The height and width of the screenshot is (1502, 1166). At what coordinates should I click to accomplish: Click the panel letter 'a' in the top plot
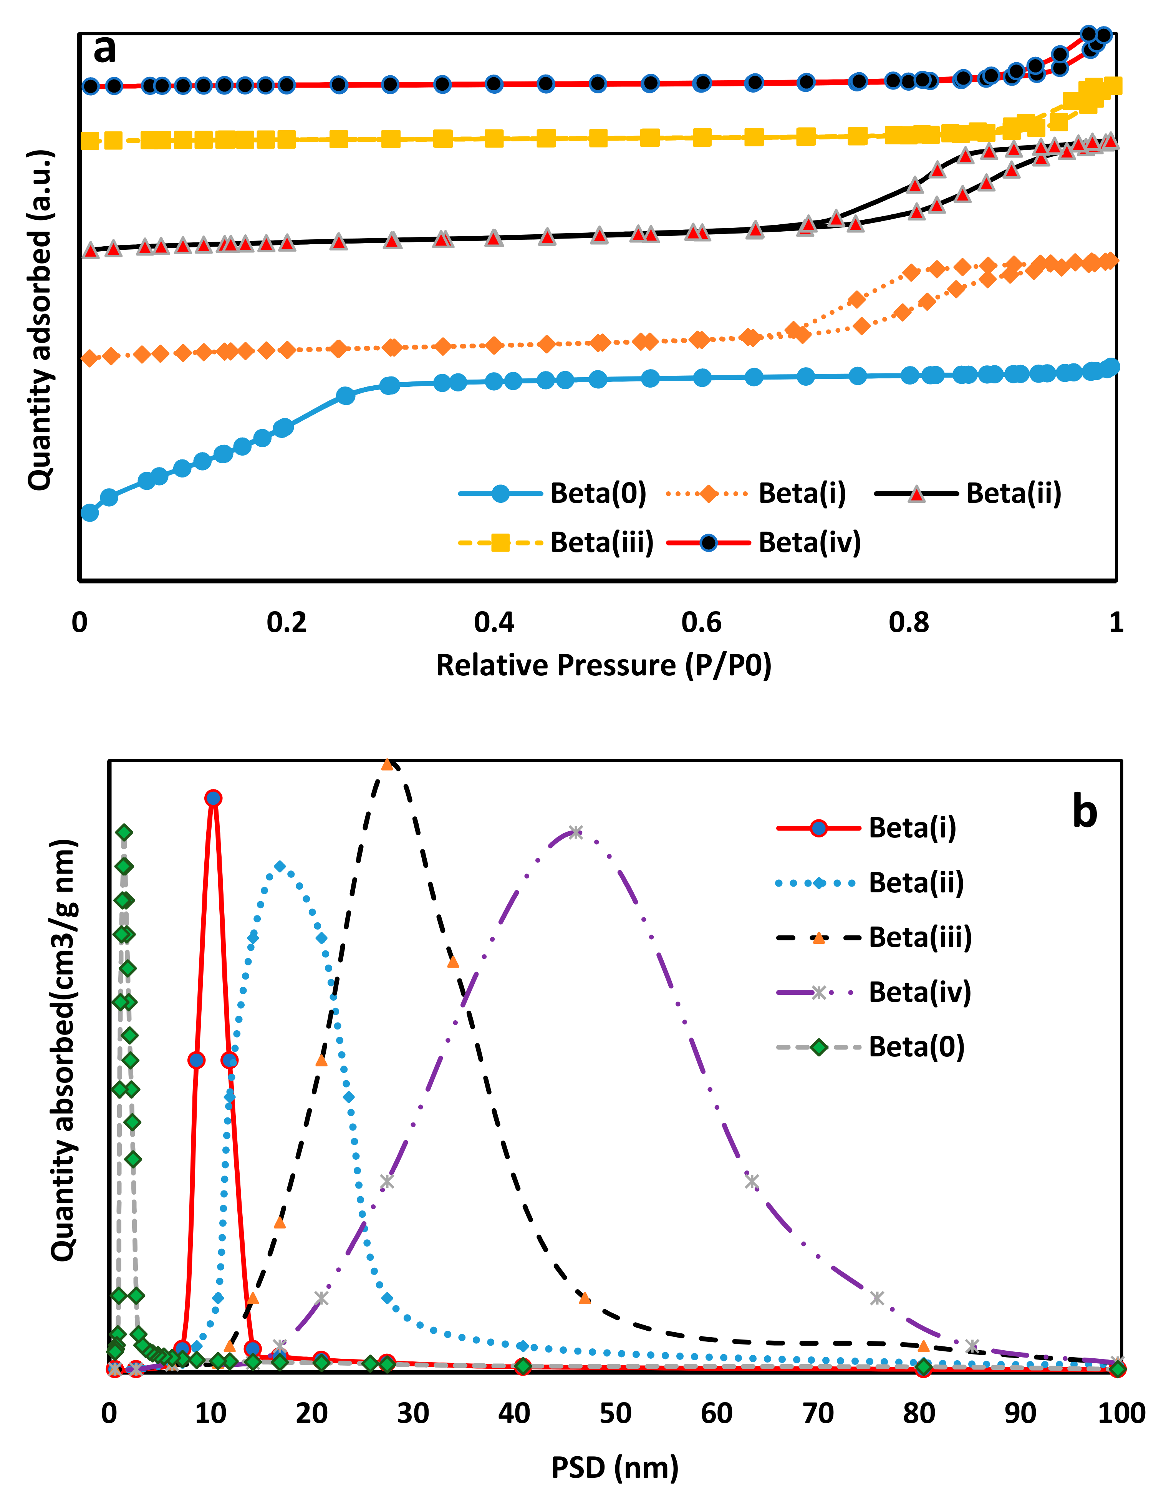104,50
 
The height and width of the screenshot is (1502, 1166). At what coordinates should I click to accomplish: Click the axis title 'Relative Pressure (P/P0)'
604,666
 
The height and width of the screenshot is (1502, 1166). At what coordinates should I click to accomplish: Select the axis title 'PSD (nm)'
614,1467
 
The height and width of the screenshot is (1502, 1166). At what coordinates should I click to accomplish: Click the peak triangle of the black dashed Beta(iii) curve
387,765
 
